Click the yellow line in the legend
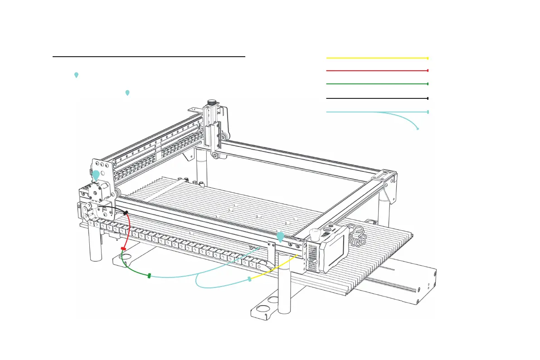tap(376, 58)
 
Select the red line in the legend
tap(376, 71)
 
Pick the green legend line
tap(376, 84)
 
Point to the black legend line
tap(376, 98)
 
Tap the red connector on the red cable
tap(123, 248)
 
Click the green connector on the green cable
tap(149, 275)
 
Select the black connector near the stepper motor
tap(125, 213)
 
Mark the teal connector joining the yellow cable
tap(249, 279)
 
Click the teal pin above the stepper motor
tap(96, 175)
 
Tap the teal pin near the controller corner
tap(281, 236)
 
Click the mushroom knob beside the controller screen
tap(315, 234)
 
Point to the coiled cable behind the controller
tap(359, 236)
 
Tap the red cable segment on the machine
tap(129, 231)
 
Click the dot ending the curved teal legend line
tap(418, 129)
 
